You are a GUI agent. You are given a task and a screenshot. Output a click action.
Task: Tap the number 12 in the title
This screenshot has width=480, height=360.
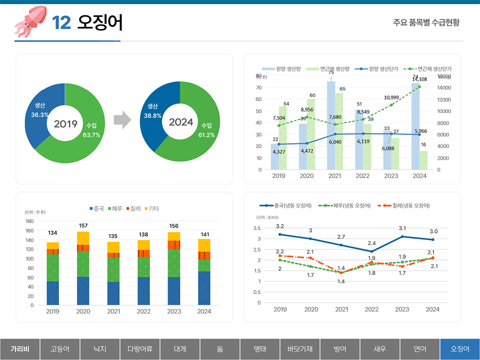click(x=61, y=22)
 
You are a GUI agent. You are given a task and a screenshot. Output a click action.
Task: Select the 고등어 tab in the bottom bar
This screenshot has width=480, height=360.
click(x=60, y=349)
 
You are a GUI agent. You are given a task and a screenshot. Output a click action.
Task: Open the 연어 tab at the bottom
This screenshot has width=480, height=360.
click(x=420, y=349)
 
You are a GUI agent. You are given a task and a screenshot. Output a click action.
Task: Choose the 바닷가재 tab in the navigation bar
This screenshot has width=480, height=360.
click(x=300, y=349)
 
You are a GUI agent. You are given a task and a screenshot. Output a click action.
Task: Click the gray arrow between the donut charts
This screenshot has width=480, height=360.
click(x=122, y=120)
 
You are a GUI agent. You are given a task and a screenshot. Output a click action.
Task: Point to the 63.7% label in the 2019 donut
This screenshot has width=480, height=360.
click(x=91, y=135)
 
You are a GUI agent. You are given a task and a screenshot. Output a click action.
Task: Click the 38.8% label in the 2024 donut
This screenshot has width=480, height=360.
click(x=152, y=115)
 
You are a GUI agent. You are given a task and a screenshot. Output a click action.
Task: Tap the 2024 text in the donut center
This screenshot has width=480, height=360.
click(x=180, y=122)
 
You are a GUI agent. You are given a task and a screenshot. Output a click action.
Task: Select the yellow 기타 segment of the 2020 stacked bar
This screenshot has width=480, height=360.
click(x=83, y=238)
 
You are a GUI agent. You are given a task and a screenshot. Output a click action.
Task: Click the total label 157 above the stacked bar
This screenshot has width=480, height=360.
click(x=83, y=226)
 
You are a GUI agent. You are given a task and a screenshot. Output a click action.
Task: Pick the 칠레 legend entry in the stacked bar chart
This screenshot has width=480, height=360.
click(x=132, y=208)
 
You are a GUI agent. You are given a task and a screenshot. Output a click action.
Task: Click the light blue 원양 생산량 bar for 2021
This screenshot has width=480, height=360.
click(x=331, y=125)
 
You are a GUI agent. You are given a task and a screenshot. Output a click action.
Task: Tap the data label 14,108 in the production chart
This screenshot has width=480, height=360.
click(x=419, y=79)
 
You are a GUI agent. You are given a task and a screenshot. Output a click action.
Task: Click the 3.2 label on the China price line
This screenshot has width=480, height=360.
click(x=280, y=226)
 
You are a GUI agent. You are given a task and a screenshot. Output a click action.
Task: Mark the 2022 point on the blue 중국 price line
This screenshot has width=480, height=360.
click(x=371, y=251)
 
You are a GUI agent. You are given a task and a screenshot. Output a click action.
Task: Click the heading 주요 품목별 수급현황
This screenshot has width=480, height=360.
click(x=426, y=22)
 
